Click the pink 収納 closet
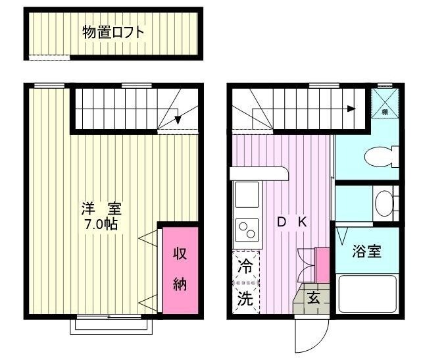pyautogui.click(x=180, y=269)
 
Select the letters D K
pyautogui.click(x=291, y=222)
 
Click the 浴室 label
pyautogui.click(x=366, y=251)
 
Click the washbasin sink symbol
pyautogui.click(x=384, y=203)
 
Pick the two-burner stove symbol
pyautogui.click(x=247, y=231)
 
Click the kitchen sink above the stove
pyautogui.click(x=247, y=195)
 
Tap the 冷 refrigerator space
pyautogui.click(x=245, y=267)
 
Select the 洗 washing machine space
pyautogui.click(x=245, y=298)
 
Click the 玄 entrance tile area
pyautogui.click(x=314, y=298)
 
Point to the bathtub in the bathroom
pyautogui.click(x=366, y=294)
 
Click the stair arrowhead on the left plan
pyautogui.click(x=178, y=121)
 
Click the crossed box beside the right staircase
pyautogui.click(x=384, y=103)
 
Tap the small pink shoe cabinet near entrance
pyautogui.click(x=322, y=264)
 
